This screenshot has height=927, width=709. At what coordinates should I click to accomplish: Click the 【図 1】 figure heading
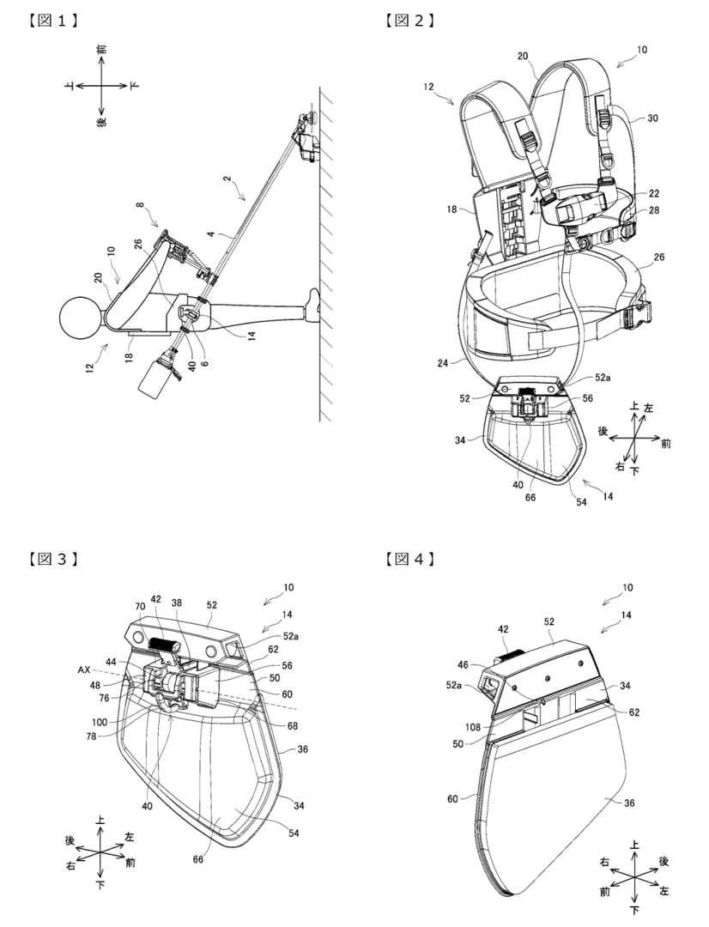[x=53, y=21]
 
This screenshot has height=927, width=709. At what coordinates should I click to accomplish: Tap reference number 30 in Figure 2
[x=652, y=118]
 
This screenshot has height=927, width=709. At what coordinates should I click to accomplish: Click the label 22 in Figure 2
[x=653, y=193]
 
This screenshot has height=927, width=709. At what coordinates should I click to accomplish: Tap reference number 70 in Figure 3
[x=140, y=607]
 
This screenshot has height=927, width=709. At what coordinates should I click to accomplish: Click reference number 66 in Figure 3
[x=197, y=858]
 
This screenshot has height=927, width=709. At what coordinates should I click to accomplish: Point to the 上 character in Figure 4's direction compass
[x=634, y=846]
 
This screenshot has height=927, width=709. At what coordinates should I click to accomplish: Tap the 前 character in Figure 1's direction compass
[x=102, y=50]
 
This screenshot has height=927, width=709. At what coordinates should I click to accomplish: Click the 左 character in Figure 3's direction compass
[x=130, y=837]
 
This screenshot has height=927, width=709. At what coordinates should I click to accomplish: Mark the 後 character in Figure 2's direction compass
[x=603, y=431]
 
